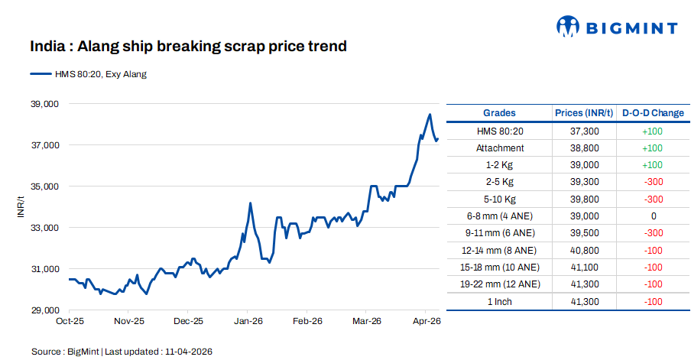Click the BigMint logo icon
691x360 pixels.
click(569, 28)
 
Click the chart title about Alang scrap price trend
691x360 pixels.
click(189, 47)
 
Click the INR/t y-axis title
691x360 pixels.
click(21, 207)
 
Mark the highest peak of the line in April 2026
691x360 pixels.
click(430, 115)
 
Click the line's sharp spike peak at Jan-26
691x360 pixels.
click(250, 203)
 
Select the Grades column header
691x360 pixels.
click(499, 113)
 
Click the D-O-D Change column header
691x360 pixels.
click(653, 113)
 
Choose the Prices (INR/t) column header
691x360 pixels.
click(584, 113)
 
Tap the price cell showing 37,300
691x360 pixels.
click(584, 131)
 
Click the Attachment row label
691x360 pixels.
click(499, 148)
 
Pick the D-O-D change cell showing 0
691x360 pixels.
click(653, 216)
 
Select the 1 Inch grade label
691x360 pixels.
click(499, 302)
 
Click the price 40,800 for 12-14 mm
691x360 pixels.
click(584, 251)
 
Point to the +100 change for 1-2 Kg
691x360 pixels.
click(653, 165)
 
